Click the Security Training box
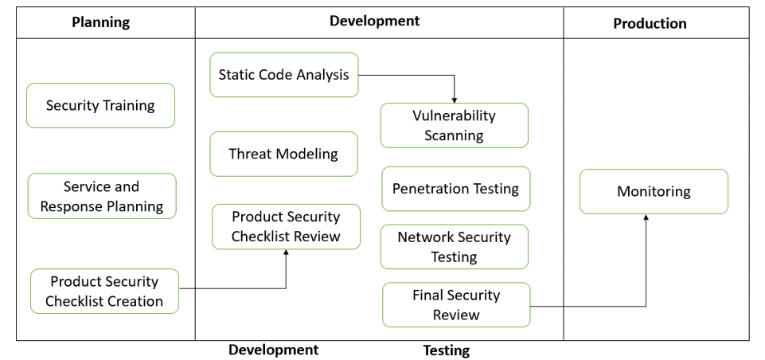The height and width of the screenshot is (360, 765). tap(100, 105)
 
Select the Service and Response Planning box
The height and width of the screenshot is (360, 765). tap(102, 196)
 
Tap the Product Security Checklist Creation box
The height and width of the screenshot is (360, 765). tap(104, 291)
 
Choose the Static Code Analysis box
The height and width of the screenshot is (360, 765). tap(284, 75)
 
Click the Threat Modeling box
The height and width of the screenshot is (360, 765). tap(283, 154)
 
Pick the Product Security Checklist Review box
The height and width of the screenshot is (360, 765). tap(286, 226)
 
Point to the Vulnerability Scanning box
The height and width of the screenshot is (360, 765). tap(454, 125)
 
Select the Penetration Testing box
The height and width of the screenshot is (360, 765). tap(455, 189)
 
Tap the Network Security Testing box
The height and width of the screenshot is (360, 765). tap(454, 247)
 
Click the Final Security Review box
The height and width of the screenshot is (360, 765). tap(456, 304)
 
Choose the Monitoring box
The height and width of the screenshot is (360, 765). tap(654, 191)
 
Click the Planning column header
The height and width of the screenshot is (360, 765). tap(100, 22)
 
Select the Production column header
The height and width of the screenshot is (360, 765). tap(650, 23)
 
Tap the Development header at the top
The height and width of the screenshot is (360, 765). tap(374, 21)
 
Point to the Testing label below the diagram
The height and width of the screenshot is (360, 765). tap(446, 350)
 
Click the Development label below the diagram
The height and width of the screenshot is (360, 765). tap(273, 350)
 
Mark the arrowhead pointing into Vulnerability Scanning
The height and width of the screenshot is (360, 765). tap(454, 100)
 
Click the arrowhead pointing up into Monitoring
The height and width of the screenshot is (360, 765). tap(646, 217)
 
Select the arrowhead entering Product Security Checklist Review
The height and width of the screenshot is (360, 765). tap(286, 252)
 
